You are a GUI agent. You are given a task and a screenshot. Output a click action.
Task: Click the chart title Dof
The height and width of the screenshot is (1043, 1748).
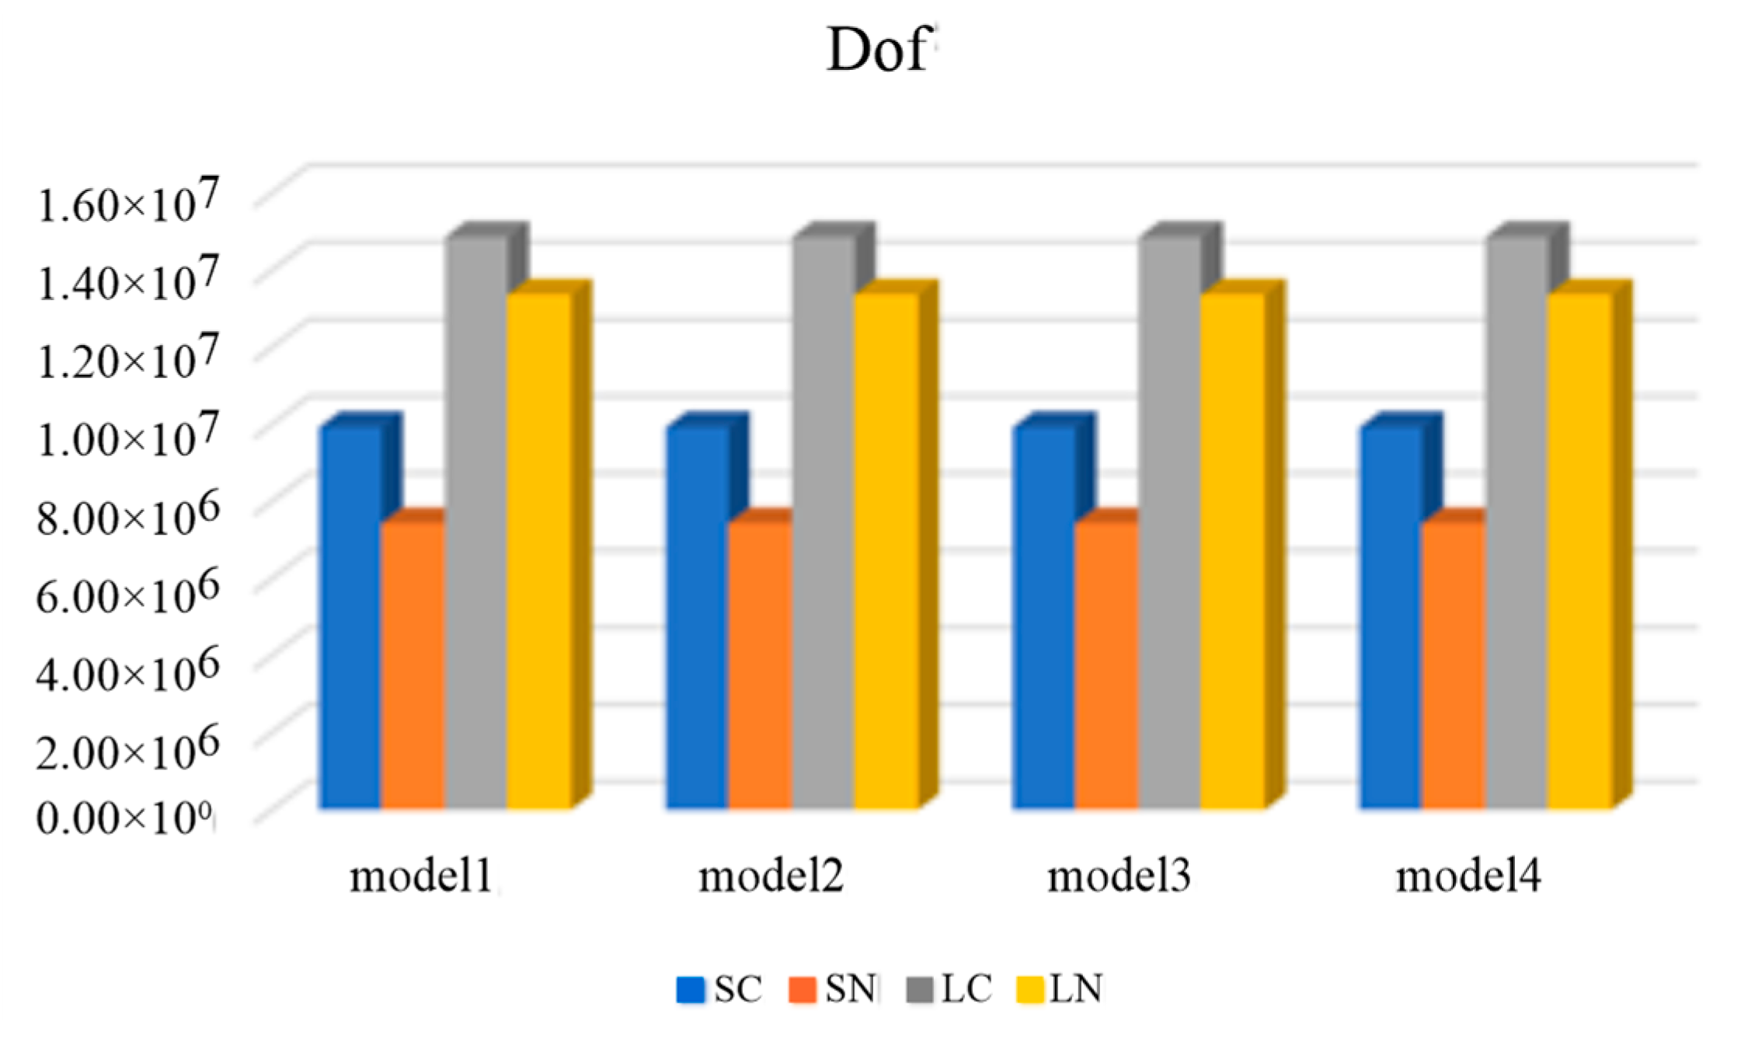878,51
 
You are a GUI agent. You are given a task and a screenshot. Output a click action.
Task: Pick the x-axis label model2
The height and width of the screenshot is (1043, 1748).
770,877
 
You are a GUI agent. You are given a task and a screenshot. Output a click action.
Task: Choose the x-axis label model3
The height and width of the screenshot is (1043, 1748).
1118,877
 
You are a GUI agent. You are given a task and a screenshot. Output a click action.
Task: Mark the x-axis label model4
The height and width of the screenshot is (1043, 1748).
1468,877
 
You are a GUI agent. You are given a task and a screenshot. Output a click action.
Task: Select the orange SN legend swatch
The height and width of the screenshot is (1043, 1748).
802,990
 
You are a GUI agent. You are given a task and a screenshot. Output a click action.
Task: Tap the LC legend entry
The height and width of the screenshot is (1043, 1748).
951,989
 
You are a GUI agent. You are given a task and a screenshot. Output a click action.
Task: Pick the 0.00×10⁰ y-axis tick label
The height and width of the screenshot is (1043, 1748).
124,818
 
